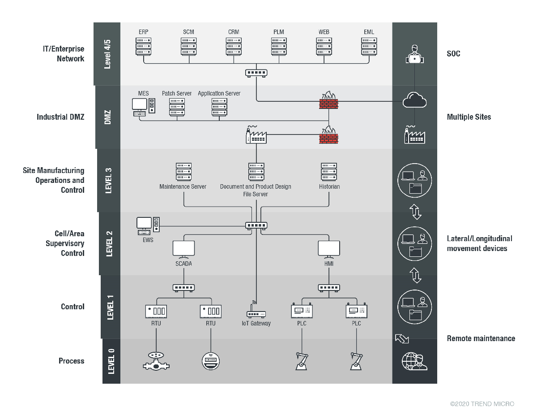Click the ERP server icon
(x=143, y=47)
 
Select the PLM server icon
(x=279, y=47)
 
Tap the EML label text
(x=369, y=32)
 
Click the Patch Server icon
(x=177, y=108)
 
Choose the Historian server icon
(x=329, y=172)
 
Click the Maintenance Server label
(x=183, y=186)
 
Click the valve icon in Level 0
(x=156, y=361)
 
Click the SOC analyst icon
(x=414, y=54)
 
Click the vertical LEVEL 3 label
(x=108, y=181)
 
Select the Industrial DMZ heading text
(x=60, y=117)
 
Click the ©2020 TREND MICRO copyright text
(x=482, y=404)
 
